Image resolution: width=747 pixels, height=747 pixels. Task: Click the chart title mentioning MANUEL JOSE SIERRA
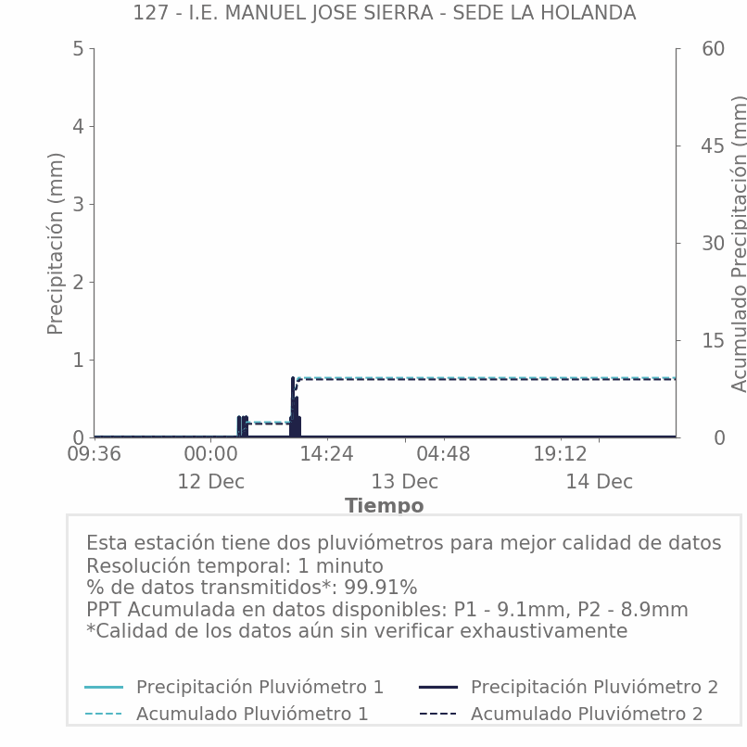coord(384,13)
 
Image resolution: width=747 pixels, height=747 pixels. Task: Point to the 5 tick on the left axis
coord(78,48)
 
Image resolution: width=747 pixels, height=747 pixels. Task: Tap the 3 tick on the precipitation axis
coord(78,204)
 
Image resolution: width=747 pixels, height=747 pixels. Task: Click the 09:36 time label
coord(94,455)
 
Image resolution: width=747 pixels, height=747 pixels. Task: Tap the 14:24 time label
coord(326,455)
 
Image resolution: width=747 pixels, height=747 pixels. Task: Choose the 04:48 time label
coord(443,455)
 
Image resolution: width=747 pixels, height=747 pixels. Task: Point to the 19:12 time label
coord(560,455)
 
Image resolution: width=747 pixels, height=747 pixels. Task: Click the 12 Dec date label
coord(210,482)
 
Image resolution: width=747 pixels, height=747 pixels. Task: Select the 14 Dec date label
coord(599,482)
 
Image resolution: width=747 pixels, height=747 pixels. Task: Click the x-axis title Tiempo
coord(384,506)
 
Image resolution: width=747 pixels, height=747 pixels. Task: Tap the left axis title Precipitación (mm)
coord(56,243)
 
